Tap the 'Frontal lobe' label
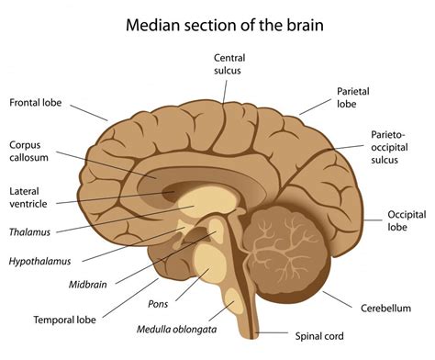[x=36, y=102]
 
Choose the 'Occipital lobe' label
[x=406, y=219]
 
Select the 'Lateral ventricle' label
[x=30, y=197]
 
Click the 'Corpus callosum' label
[x=31, y=152]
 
